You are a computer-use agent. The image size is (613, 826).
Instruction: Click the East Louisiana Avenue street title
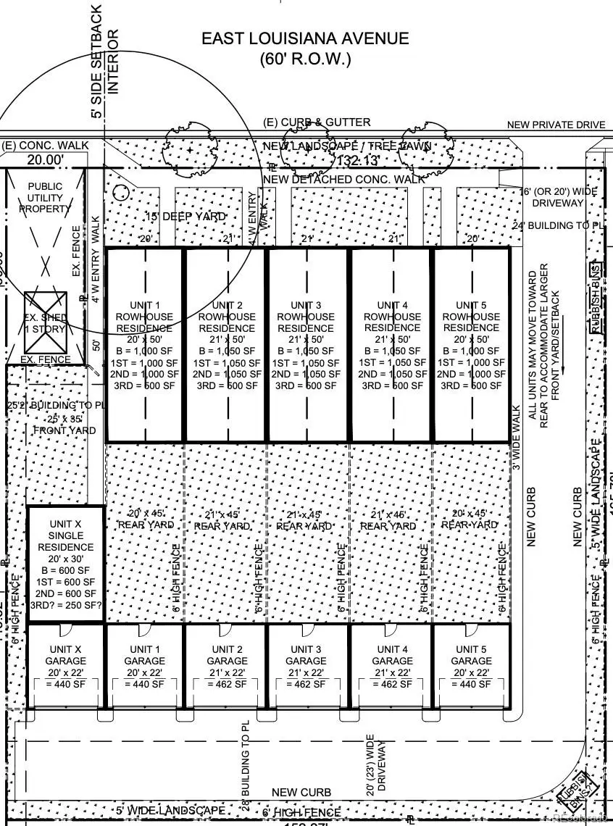click(305, 38)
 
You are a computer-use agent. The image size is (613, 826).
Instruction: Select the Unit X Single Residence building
click(66, 564)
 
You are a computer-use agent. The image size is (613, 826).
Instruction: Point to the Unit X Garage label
click(66, 655)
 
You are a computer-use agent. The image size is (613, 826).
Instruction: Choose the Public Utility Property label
click(46, 197)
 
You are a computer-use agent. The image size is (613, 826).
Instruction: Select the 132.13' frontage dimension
click(345, 160)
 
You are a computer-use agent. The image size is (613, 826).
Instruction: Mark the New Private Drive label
click(556, 125)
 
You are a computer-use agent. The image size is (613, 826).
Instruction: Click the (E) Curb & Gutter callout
click(317, 122)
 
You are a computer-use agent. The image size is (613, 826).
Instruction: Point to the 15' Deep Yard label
click(185, 217)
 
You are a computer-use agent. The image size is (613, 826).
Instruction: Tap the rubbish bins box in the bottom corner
click(578, 793)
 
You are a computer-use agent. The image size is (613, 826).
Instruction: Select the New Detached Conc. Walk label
click(343, 179)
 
